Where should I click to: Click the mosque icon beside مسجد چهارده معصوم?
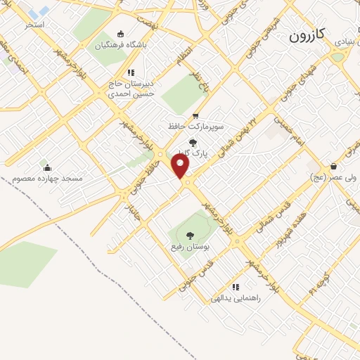[47, 167]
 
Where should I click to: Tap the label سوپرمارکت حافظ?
[195, 127]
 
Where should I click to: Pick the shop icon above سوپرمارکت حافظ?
[195, 116]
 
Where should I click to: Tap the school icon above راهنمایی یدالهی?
[236, 287]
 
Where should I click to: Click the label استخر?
[34, 25]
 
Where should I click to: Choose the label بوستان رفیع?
[188, 247]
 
